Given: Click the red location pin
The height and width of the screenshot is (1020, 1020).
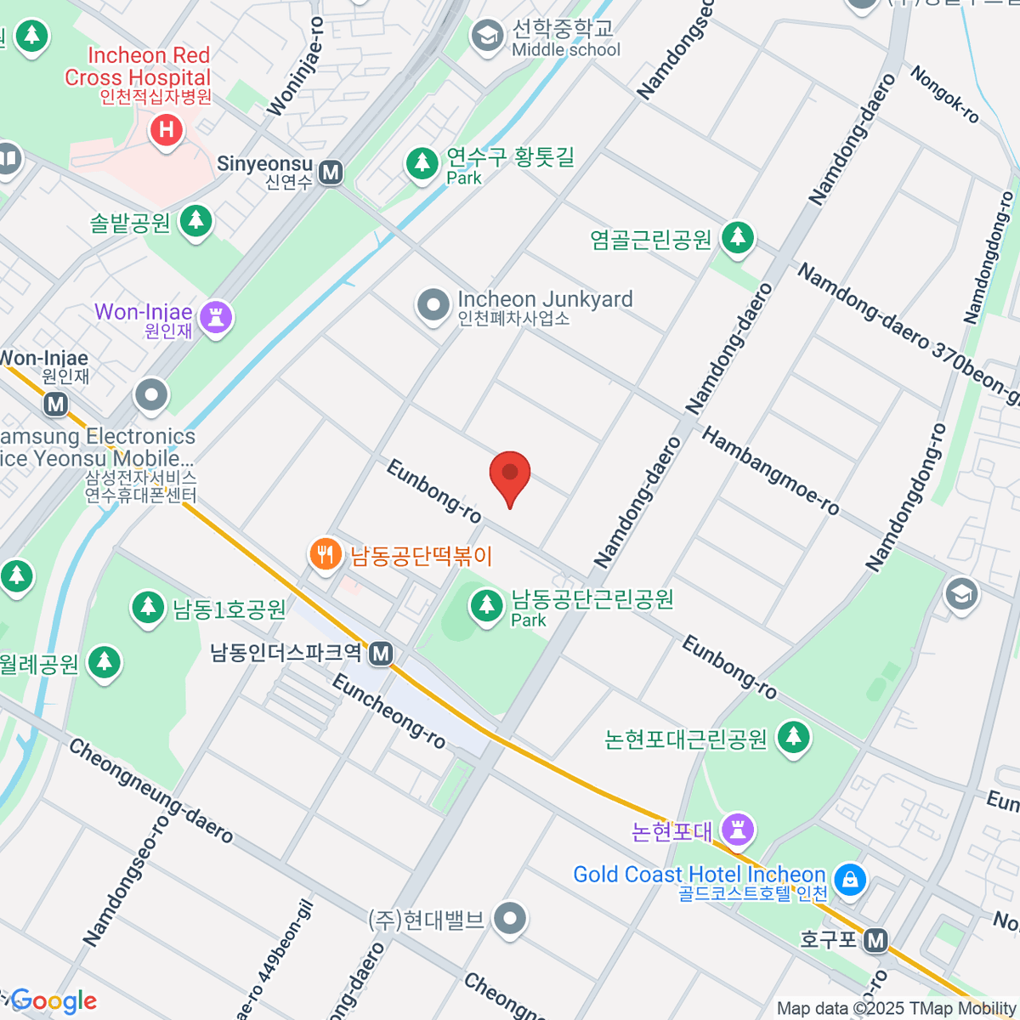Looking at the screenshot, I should click(x=510, y=474).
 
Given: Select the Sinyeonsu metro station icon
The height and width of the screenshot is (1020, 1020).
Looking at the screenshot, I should click(x=331, y=173).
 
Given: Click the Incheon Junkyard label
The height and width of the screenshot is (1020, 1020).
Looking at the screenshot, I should click(x=544, y=299).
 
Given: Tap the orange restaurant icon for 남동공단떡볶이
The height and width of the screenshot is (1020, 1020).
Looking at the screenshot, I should click(x=325, y=555).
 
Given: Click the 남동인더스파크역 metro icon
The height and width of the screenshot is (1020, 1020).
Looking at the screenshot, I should click(x=382, y=654).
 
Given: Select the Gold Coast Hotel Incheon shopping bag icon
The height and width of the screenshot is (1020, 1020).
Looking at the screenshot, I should click(x=849, y=879).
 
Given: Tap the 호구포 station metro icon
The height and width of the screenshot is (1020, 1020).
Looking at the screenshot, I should click(x=875, y=940).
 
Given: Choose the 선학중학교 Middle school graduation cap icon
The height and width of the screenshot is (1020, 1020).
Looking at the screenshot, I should click(x=487, y=37).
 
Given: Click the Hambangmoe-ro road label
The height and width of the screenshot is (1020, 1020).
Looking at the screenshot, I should click(x=770, y=472).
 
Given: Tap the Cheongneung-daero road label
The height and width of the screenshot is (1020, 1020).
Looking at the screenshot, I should click(x=150, y=790).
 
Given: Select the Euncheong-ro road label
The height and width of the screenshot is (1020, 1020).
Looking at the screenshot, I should click(x=388, y=711).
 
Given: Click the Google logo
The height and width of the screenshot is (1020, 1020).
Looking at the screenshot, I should click(x=53, y=1001).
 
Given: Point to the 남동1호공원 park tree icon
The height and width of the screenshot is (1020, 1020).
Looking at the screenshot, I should click(x=148, y=607).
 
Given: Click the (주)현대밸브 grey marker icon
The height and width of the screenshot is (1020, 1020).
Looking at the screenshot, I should click(x=510, y=918).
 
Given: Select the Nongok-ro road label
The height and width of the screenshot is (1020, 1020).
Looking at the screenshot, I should click(x=945, y=94).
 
